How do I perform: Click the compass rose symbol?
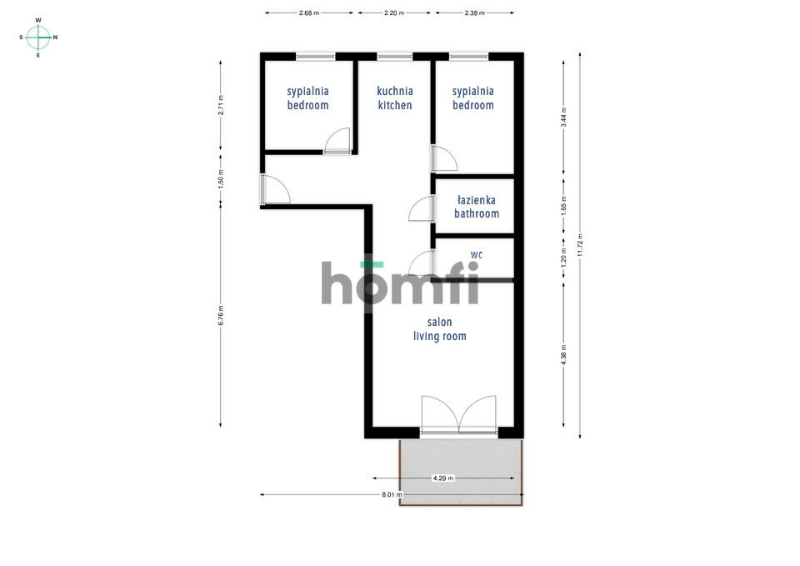point(38,38)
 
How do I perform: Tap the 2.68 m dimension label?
point(308,13)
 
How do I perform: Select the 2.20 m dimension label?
point(394,13)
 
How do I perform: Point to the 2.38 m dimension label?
point(474,13)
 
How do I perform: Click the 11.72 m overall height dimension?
point(580,245)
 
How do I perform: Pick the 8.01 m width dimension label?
point(392,494)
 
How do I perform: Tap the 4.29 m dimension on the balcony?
point(442,478)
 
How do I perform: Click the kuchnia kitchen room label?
point(395,98)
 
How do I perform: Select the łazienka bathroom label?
point(477,207)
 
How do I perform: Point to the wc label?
point(477,254)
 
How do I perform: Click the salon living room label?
point(440,329)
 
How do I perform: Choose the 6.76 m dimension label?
point(220,315)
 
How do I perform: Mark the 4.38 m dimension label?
point(564,355)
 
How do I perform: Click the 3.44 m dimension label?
point(564,118)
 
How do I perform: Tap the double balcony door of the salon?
point(458,414)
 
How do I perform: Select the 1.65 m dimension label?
point(564,206)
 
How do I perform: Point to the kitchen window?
point(394,56)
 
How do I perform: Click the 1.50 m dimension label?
point(220,180)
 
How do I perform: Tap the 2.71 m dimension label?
point(220,105)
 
